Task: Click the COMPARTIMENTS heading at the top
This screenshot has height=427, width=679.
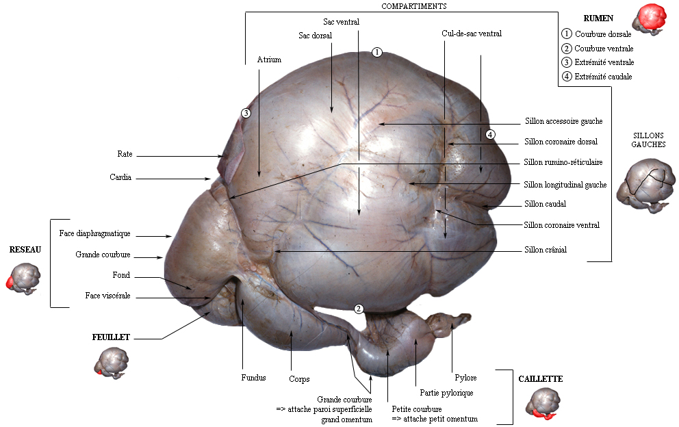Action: pyautogui.click(x=413, y=6)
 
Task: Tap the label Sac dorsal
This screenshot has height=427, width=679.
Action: pyautogui.click(x=316, y=36)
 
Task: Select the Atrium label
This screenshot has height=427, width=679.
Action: pyautogui.click(x=269, y=60)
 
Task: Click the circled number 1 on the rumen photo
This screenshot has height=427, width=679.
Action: pyautogui.click(x=377, y=53)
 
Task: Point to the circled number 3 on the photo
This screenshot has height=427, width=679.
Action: pyautogui.click(x=246, y=114)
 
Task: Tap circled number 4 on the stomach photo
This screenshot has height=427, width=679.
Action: pyautogui.click(x=490, y=135)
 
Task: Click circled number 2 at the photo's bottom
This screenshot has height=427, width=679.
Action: pyautogui.click(x=359, y=309)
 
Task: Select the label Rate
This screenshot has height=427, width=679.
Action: pyautogui.click(x=125, y=154)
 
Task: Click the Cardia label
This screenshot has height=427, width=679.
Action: pyautogui.click(x=120, y=177)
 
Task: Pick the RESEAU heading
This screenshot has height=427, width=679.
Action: pyautogui.click(x=25, y=250)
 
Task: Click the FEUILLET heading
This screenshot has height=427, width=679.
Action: pyautogui.click(x=111, y=337)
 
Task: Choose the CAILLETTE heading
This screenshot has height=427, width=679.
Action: pyautogui.click(x=541, y=379)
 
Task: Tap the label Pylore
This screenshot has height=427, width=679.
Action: pyautogui.click(x=465, y=378)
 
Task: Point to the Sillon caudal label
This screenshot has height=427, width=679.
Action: pyautogui.click(x=546, y=203)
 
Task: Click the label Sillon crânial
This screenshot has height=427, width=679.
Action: pyautogui.click(x=546, y=250)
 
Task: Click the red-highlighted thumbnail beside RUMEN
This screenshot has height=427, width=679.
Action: pyautogui.click(x=650, y=19)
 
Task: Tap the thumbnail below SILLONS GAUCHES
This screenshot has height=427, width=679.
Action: pyautogui.click(x=646, y=185)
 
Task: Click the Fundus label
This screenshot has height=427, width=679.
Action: pyautogui.click(x=253, y=378)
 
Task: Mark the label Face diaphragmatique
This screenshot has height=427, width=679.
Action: pyautogui.click(x=95, y=233)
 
